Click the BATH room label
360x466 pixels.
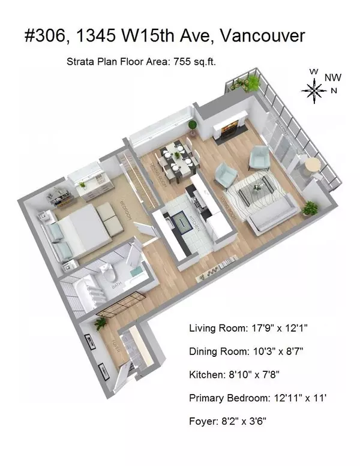click(118, 290)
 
